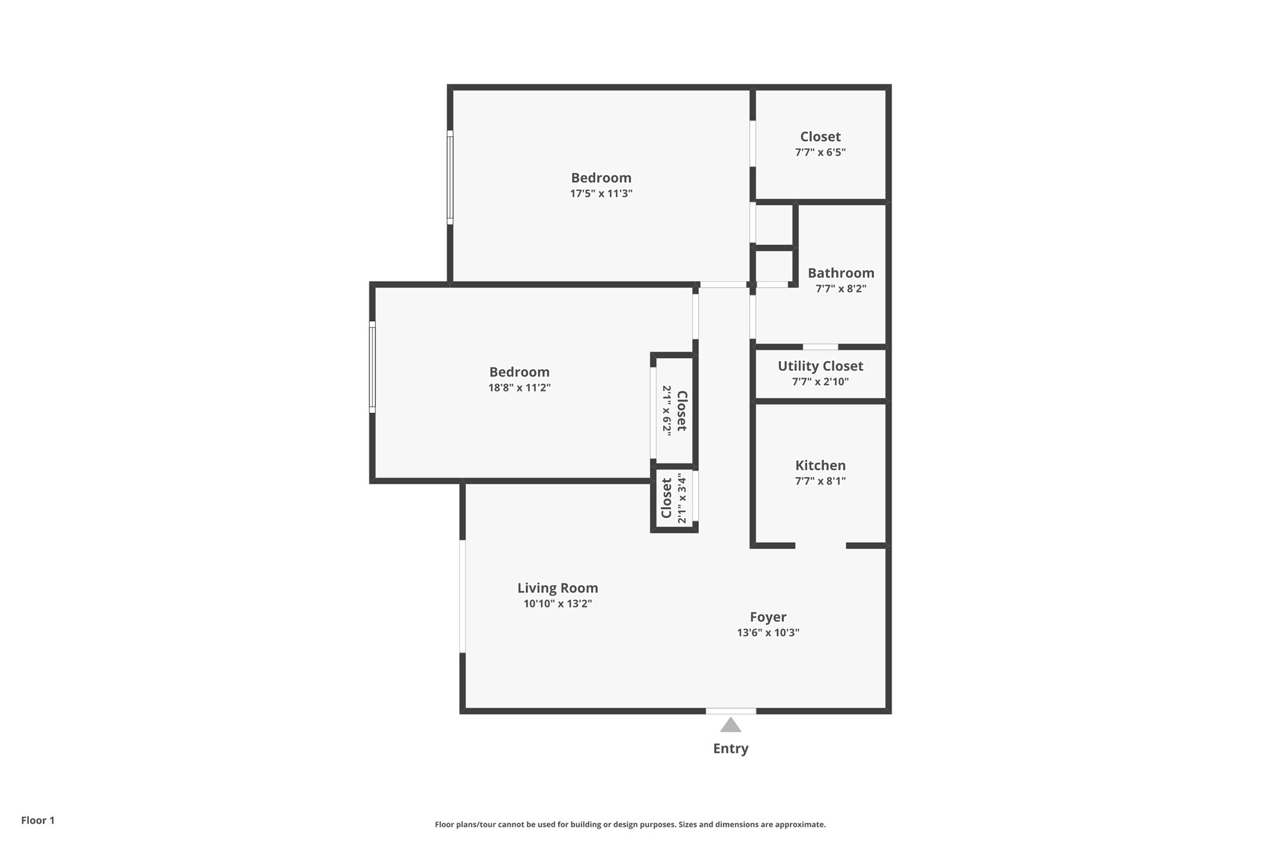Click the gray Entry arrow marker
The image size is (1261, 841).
click(x=730, y=725)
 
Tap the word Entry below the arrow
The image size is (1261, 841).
click(x=730, y=749)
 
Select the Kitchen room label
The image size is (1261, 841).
click(x=820, y=466)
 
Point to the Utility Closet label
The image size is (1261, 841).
click(x=820, y=366)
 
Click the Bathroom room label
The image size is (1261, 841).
click(x=840, y=273)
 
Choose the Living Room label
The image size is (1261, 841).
click(x=557, y=588)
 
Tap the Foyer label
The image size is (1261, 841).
click(x=768, y=617)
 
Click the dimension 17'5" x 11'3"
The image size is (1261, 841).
click(x=601, y=193)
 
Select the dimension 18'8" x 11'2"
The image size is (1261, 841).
click(x=519, y=388)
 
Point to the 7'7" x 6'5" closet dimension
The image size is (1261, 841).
click(x=820, y=152)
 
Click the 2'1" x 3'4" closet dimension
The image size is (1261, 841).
click(x=682, y=498)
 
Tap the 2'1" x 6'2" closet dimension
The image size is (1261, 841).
click(x=667, y=410)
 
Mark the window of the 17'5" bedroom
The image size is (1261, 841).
click(x=450, y=177)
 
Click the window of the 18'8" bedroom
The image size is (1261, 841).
click(x=372, y=367)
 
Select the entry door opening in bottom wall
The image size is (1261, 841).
click(x=730, y=711)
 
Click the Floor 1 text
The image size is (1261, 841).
click(x=38, y=820)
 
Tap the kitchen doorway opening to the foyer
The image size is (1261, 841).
click(x=820, y=546)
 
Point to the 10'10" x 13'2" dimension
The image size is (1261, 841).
click(x=557, y=604)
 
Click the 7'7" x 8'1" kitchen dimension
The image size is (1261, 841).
click(x=820, y=481)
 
